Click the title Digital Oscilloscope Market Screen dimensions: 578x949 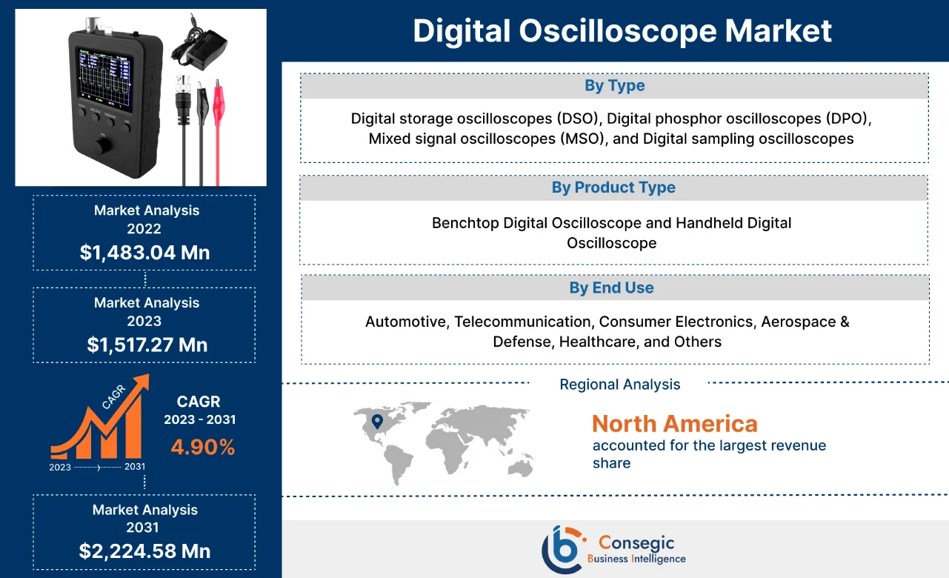[622, 31]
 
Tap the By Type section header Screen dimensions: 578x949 [614, 86]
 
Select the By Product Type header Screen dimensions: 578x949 [613, 188]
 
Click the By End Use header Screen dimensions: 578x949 [611, 288]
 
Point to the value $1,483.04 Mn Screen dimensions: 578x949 [144, 253]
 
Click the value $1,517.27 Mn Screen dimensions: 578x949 [147, 345]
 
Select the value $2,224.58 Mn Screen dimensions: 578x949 [144, 551]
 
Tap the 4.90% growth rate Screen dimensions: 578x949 [202, 447]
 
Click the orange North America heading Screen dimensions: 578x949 [674, 424]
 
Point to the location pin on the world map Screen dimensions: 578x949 [377, 422]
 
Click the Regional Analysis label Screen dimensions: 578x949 [619, 385]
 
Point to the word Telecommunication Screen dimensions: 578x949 [522, 322]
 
